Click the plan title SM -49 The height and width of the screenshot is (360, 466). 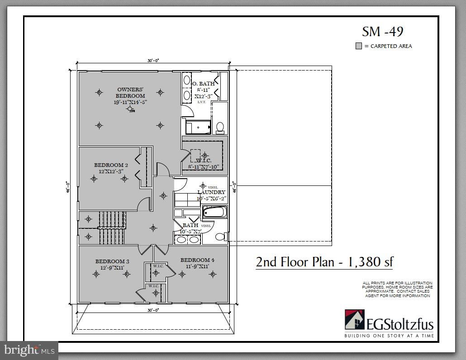[382, 31]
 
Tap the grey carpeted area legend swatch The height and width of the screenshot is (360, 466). [358, 46]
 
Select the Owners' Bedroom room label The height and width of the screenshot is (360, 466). [130, 92]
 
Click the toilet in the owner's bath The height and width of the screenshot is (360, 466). [220, 127]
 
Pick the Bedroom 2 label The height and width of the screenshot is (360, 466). [111, 165]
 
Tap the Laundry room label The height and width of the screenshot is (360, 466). [211, 192]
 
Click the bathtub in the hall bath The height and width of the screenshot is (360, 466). [214, 213]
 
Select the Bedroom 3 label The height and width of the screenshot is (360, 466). [112, 261]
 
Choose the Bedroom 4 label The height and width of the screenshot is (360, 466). [197, 260]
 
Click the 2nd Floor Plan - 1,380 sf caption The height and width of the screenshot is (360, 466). [324, 262]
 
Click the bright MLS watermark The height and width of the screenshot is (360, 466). [29, 350]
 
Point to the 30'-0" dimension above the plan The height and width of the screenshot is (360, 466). [153, 61]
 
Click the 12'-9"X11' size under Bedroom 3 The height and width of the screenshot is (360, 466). [112, 268]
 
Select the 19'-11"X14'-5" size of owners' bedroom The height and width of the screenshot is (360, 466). [130, 102]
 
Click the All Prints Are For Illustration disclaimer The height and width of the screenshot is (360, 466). [397, 289]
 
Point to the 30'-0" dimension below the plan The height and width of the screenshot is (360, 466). [153, 310]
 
